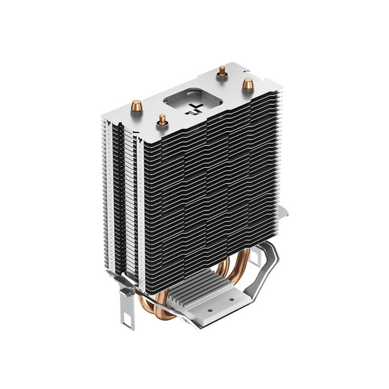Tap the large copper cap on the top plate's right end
click(x=245, y=84)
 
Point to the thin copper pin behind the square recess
click(x=221, y=71)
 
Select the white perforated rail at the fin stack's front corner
click(x=142, y=200)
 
